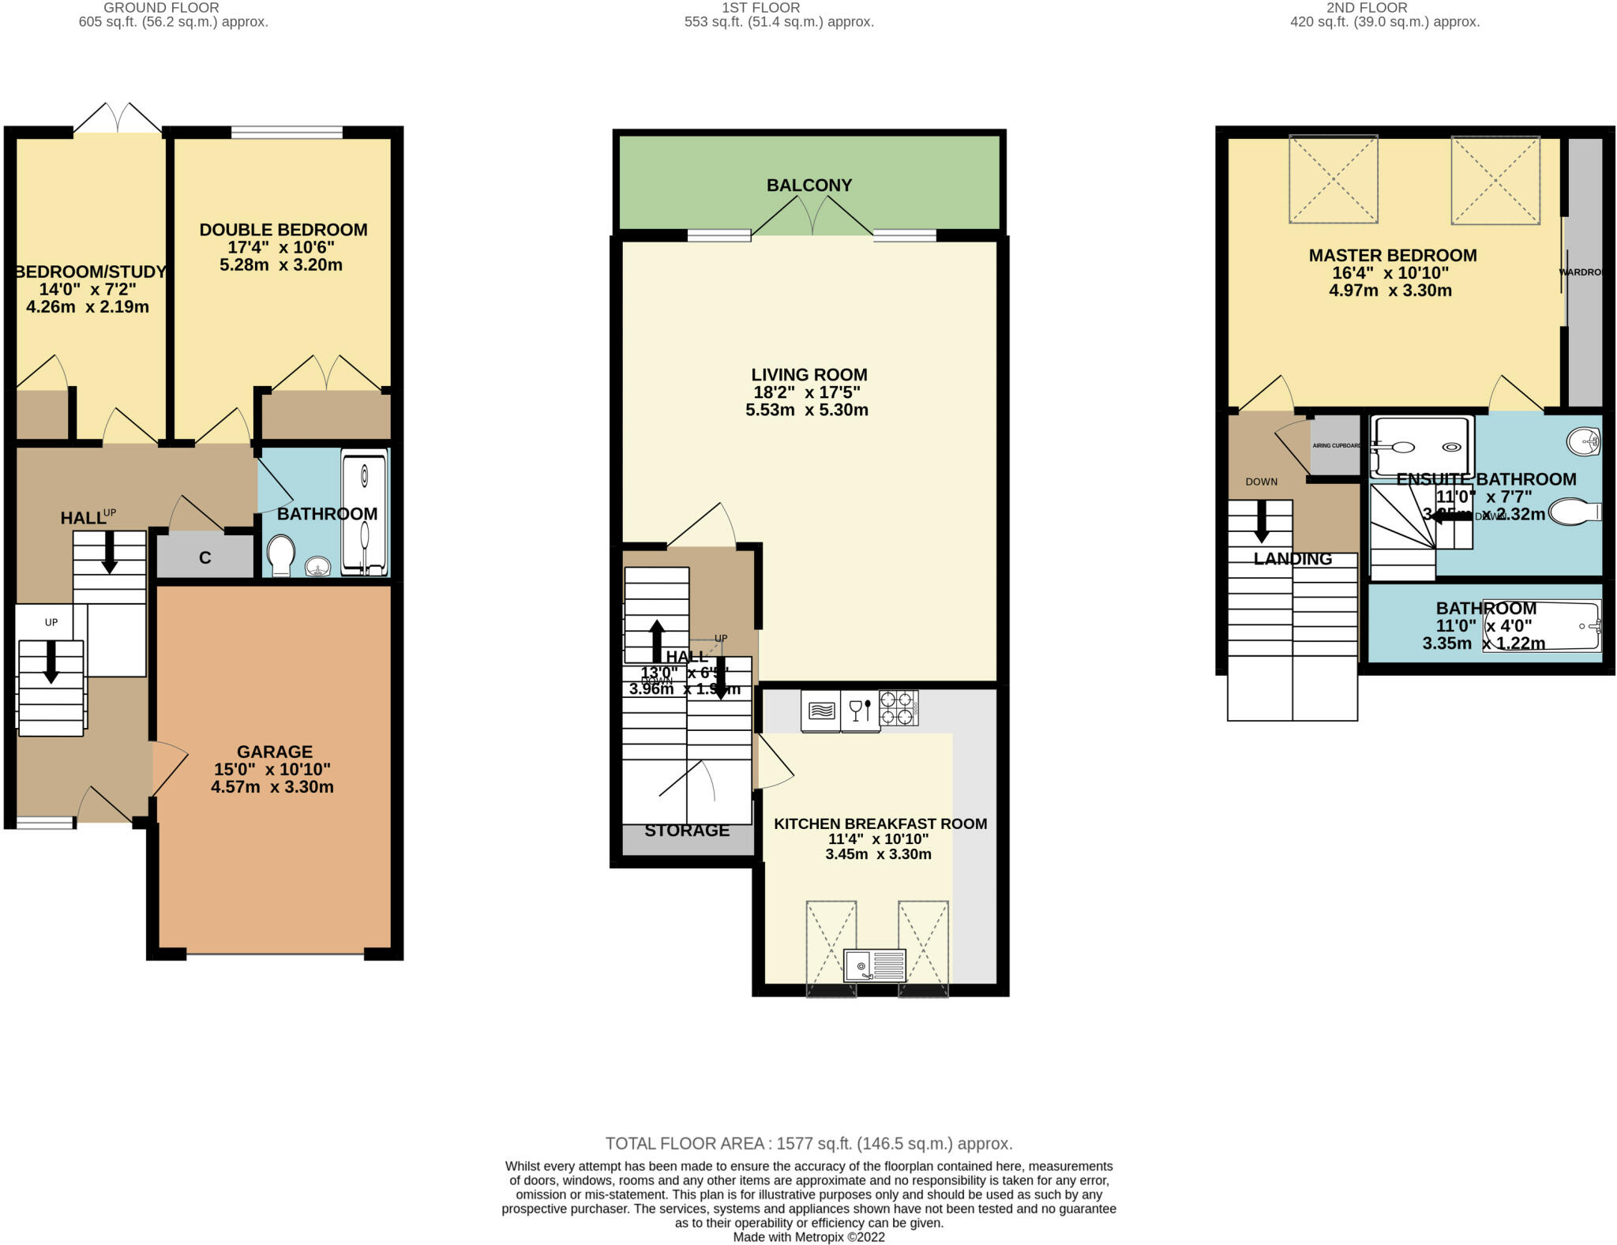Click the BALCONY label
pos(809,186)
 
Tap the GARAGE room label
pos(275,752)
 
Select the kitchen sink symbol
pos(874,965)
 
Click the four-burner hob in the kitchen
pos(899,708)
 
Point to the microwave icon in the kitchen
pos(821,711)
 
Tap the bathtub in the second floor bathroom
pos(1542,626)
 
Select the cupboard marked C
pos(205,557)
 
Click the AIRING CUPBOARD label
pos(1336,445)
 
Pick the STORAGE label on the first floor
pos(687,831)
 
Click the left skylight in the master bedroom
pos(1334,179)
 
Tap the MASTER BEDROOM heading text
pos(1393,256)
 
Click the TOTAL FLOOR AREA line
pos(808,1143)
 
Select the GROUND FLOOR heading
pos(162,8)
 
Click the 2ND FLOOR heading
pos(1366,8)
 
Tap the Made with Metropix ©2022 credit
pos(808,1237)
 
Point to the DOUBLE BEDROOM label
pos(283,230)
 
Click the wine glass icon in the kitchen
pos(859,710)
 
